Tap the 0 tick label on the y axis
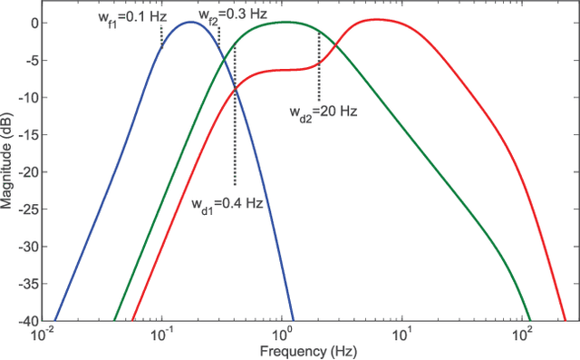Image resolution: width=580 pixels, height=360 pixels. pos(32,23)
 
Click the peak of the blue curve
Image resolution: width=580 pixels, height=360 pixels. pos(191,22)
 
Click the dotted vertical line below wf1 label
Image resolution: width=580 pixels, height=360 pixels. pos(161,34)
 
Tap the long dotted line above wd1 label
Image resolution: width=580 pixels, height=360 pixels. pos(234,118)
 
